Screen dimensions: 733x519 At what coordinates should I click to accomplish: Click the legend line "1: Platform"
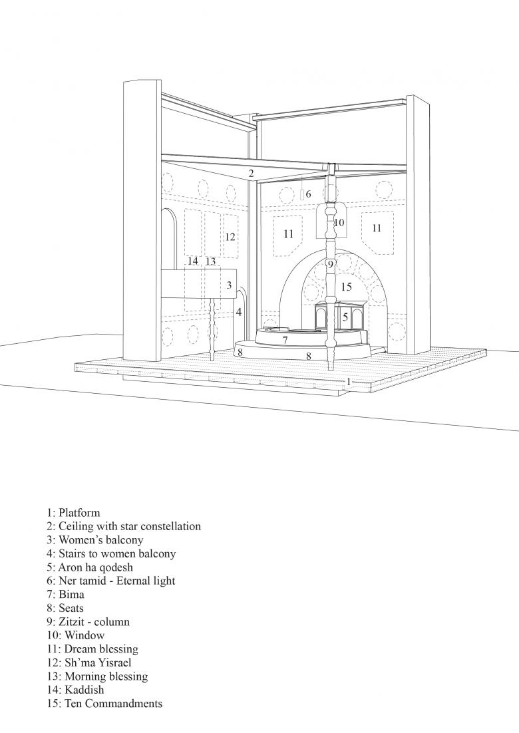tap(73, 513)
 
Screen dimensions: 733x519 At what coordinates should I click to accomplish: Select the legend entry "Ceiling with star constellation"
tap(123, 526)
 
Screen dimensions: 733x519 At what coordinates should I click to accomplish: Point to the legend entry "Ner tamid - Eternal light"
tap(110, 581)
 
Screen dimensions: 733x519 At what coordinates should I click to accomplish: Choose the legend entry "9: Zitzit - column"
tap(88, 622)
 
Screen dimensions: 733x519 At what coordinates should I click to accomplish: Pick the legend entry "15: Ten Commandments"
tap(104, 704)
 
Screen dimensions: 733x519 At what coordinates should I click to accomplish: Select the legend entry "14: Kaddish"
tap(75, 690)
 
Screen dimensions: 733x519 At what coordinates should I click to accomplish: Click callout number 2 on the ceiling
tap(251, 174)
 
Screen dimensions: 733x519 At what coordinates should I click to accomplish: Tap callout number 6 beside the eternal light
tap(309, 194)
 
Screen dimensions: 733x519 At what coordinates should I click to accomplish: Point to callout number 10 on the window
tap(339, 223)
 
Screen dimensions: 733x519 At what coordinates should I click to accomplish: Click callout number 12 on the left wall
tap(230, 237)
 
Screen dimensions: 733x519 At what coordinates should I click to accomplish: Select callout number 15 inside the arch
tap(345, 287)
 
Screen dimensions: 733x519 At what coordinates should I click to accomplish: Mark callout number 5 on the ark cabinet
tap(345, 318)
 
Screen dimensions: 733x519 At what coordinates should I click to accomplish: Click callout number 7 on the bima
tap(285, 340)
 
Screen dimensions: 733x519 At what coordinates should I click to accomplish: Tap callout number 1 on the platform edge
tap(348, 381)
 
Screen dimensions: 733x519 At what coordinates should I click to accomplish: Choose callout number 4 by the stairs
tap(238, 312)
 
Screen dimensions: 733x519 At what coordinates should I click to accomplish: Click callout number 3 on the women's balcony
tap(228, 285)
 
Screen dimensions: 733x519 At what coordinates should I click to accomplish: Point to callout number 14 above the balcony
tap(193, 261)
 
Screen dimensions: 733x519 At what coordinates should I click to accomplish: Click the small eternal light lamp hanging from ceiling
tap(301, 194)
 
